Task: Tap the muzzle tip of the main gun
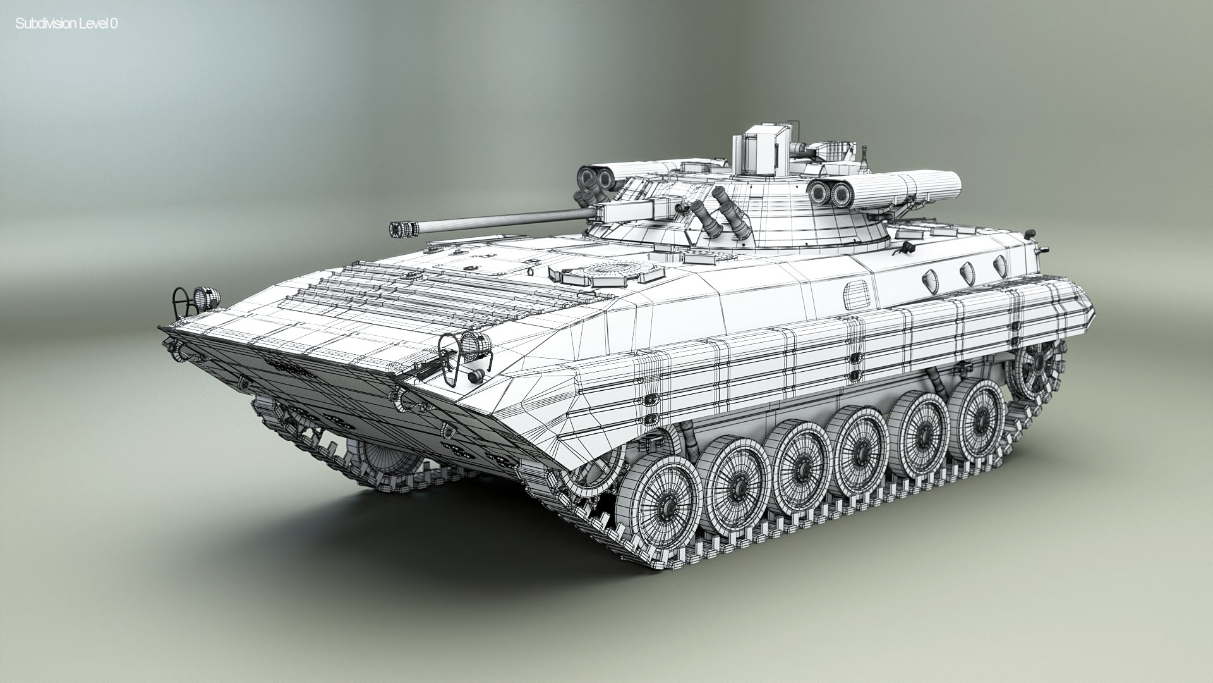pos(399,229)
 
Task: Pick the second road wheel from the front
pos(735,484)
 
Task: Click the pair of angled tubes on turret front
pos(720,218)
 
